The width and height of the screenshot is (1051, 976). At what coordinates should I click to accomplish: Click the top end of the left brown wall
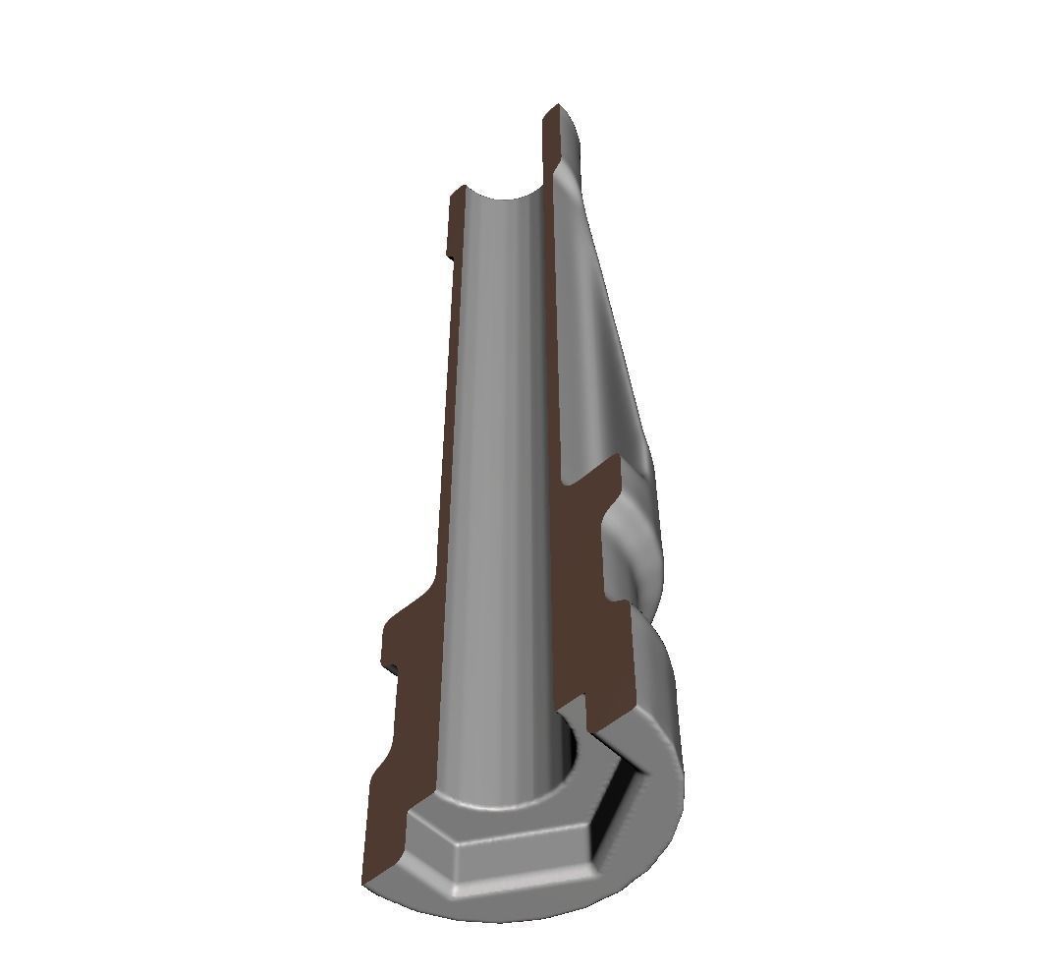coord(458,201)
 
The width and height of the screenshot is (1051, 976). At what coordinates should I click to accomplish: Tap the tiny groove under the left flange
coord(393,671)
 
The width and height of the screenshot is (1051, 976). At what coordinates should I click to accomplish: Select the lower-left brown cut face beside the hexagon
coord(388,816)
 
